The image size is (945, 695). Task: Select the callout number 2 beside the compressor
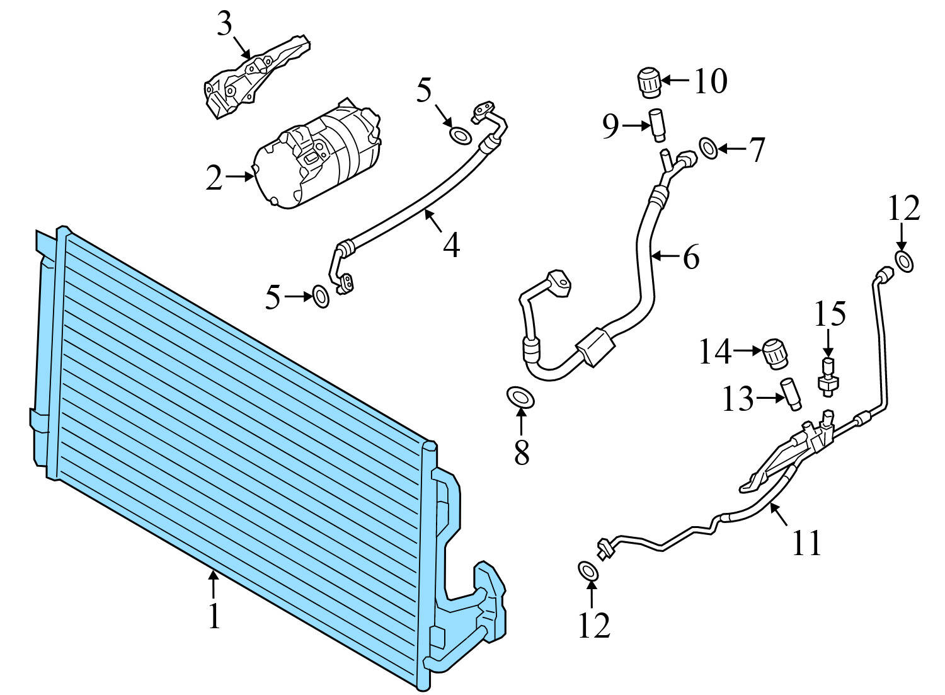click(x=214, y=178)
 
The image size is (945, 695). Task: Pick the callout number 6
click(x=691, y=257)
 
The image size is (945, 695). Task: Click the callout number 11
click(x=807, y=543)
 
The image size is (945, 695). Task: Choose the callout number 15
click(x=830, y=314)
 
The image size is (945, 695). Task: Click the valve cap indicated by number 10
click(x=648, y=83)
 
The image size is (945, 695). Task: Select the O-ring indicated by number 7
click(x=709, y=149)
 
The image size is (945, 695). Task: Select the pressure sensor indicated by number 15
click(x=828, y=377)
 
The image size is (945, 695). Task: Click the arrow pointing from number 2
click(x=239, y=178)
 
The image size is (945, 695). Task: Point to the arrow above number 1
click(x=214, y=583)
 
